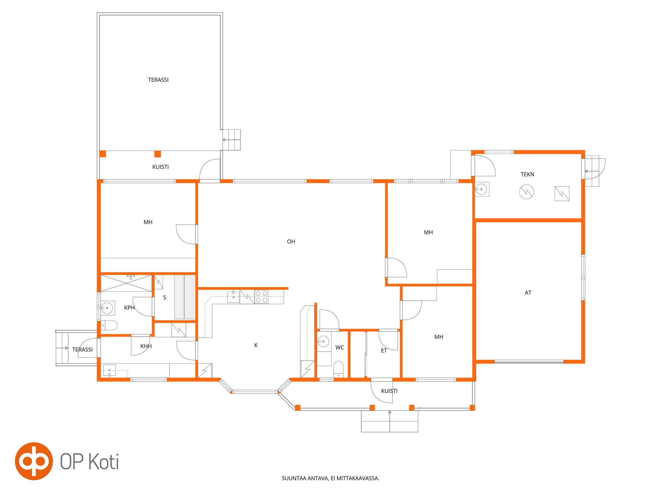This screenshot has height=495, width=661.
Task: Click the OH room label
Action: [291, 242]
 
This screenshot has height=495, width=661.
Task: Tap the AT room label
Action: [528, 293]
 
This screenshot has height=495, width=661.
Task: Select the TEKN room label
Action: [527, 174]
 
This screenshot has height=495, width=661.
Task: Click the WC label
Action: [339, 347]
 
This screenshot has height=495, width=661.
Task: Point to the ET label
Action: [384, 351]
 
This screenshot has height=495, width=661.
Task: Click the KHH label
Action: [146, 346]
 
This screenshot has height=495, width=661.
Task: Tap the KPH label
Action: [129, 308]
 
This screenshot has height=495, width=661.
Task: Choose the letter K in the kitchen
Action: [256, 345]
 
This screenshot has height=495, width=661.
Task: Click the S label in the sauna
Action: [165, 298]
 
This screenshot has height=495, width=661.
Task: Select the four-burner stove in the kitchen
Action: [261, 297]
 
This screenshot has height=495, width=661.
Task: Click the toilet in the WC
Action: [338, 369]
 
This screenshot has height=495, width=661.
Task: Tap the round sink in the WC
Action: [324, 342]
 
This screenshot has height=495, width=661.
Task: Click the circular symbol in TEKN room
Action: [526, 192]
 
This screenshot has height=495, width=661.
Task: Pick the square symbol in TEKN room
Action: [562, 194]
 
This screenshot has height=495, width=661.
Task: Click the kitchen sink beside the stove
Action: [233, 297]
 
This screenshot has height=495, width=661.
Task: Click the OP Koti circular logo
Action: [34, 461]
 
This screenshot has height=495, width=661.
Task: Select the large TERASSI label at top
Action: [158, 80]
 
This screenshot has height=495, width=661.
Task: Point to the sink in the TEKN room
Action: [482, 189]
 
